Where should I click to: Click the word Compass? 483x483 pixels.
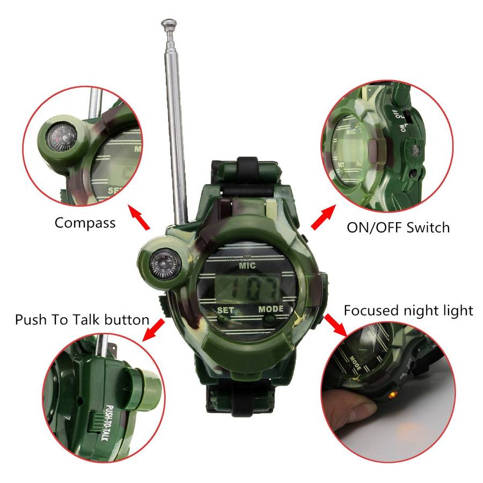(85, 223)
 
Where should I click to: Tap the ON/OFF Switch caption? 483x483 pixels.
(398, 228)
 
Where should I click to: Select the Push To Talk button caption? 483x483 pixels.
(82, 320)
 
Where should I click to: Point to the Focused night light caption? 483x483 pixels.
(408, 311)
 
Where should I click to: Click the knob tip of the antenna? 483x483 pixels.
(169, 24)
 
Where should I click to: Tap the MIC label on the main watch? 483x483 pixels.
(247, 265)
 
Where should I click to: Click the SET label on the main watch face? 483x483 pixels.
(225, 310)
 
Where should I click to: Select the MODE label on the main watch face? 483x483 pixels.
(271, 309)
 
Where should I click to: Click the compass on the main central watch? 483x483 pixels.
(165, 264)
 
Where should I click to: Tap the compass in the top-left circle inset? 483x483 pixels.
(62, 138)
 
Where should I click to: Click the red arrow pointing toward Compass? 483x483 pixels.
(139, 218)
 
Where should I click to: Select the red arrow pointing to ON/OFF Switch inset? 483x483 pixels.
(323, 217)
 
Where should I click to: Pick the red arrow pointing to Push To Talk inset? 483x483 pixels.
(153, 330)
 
